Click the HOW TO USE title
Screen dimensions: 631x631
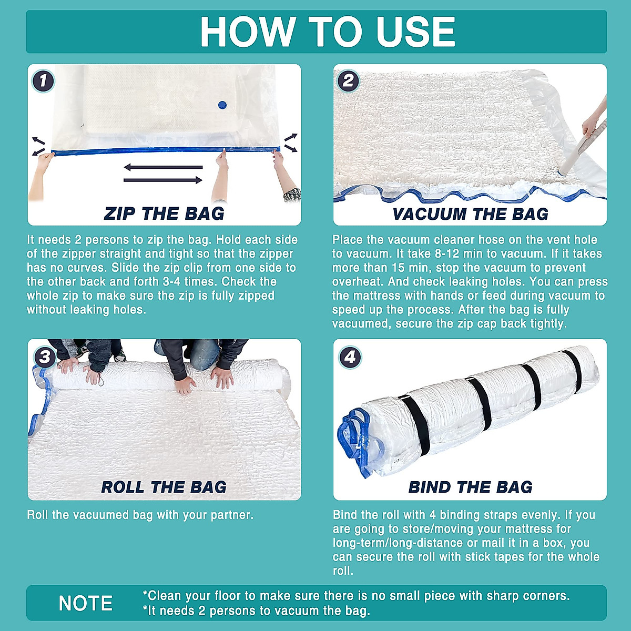pos(327,32)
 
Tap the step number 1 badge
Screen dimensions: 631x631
pos(43,81)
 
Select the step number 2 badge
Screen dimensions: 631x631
pos(348,81)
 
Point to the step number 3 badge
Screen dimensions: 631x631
pos(44,357)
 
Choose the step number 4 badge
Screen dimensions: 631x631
pos(350,357)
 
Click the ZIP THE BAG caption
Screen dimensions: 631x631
pos(164,213)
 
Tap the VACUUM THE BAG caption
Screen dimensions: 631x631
pos(470,214)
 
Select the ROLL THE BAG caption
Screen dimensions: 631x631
pos(164,487)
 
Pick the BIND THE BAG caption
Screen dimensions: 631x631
pos(470,487)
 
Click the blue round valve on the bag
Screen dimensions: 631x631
pos(221,105)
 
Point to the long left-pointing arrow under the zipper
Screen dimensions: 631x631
pos(163,167)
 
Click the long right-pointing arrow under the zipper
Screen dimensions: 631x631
pos(163,180)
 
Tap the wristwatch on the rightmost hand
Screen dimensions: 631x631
pos(292,195)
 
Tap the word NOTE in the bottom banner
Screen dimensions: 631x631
pos(85,603)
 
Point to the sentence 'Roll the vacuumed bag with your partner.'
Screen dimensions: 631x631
pos(140,515)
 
